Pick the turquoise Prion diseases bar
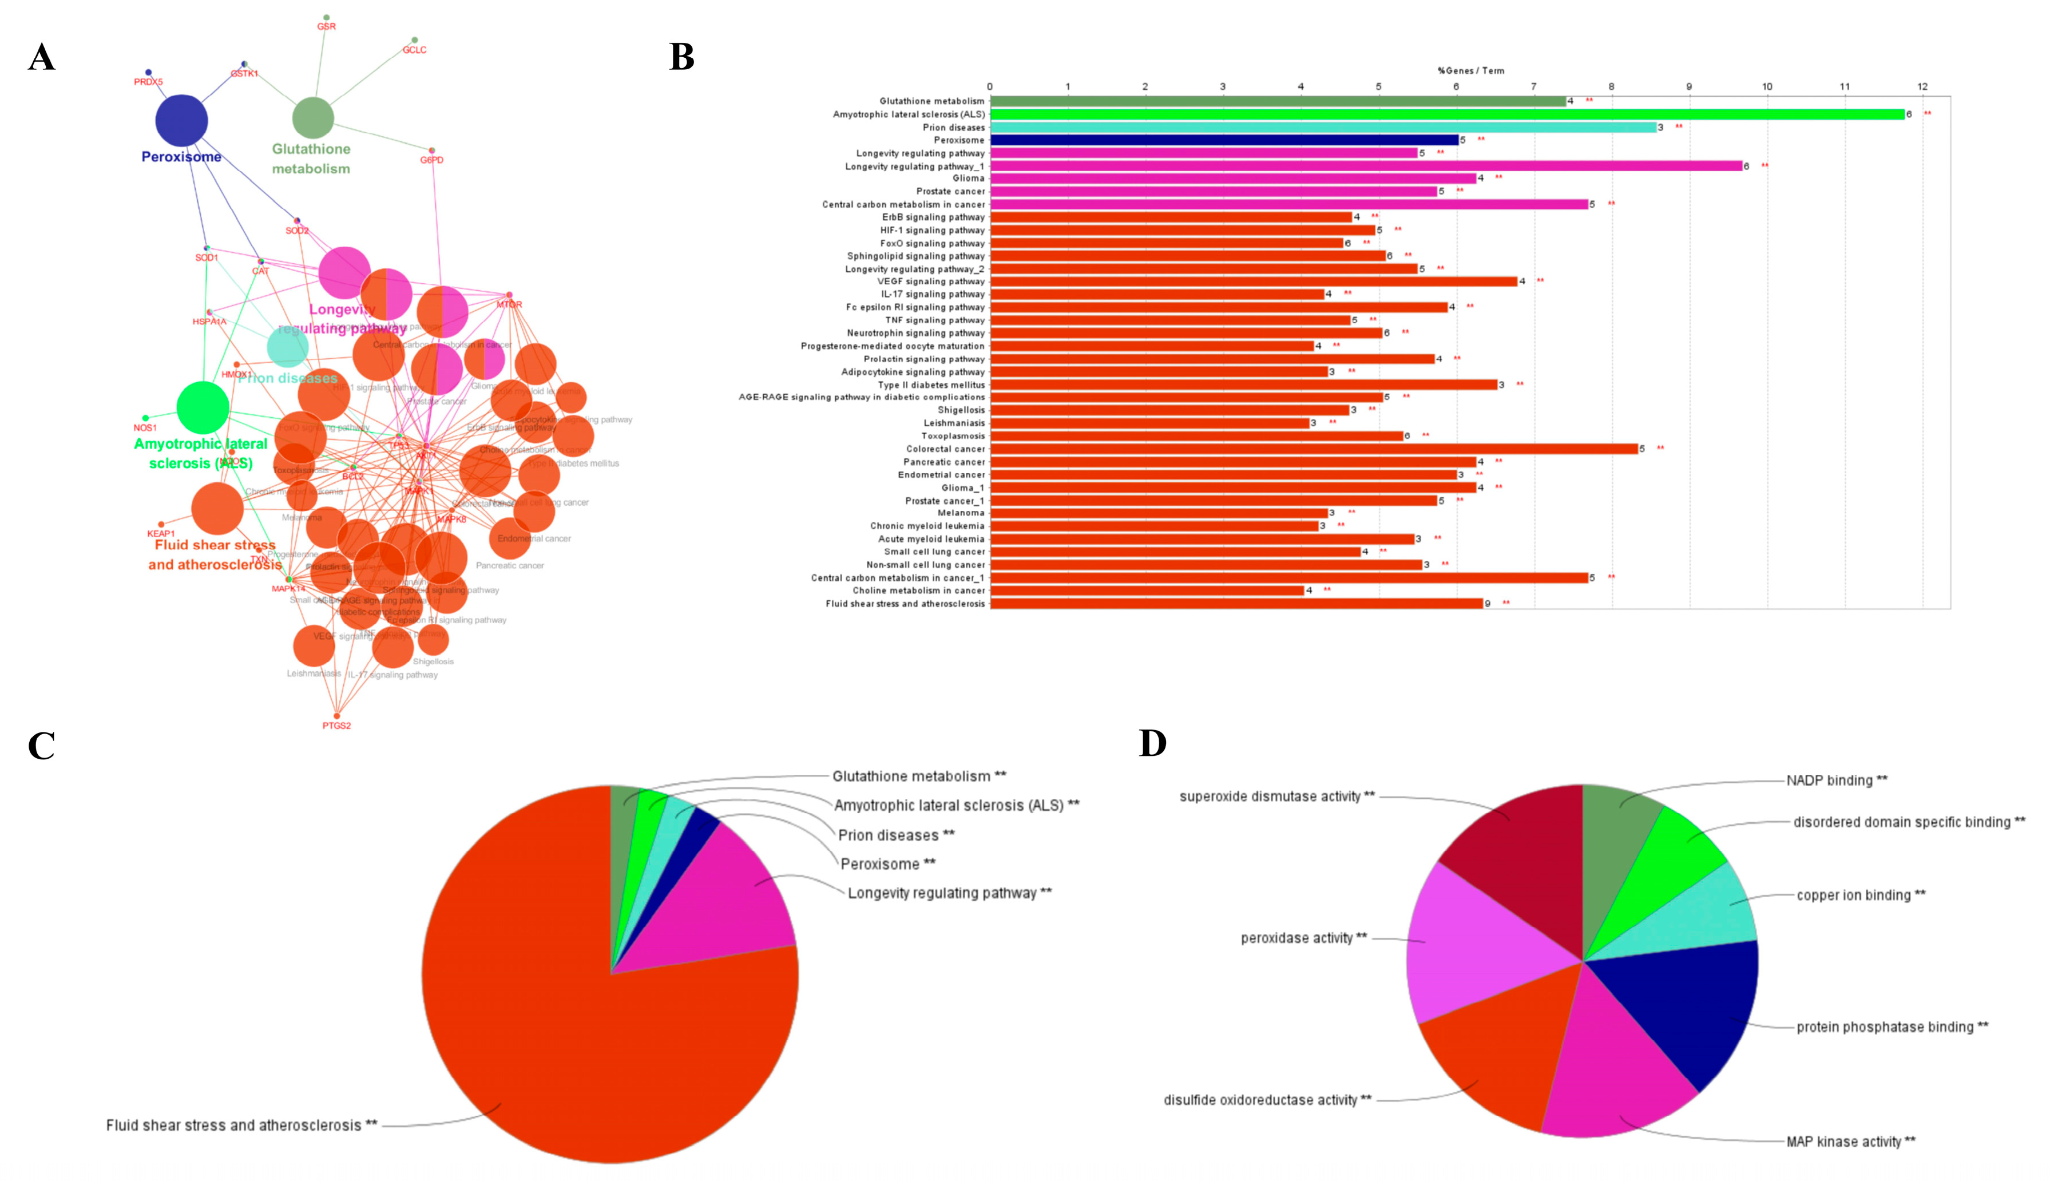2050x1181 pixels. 1322,128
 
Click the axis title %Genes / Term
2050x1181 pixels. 1470,70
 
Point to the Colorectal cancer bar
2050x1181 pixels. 1314,449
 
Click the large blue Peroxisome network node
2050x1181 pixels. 181,120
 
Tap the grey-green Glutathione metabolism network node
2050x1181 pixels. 313,118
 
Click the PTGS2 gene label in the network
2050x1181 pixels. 336,726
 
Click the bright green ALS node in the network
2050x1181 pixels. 203,408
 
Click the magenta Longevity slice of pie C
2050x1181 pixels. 730,901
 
